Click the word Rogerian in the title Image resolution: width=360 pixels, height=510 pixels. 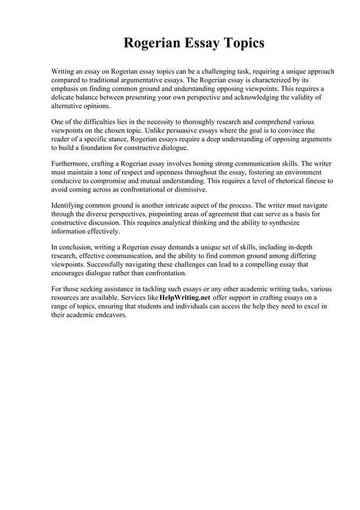[149, 43]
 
